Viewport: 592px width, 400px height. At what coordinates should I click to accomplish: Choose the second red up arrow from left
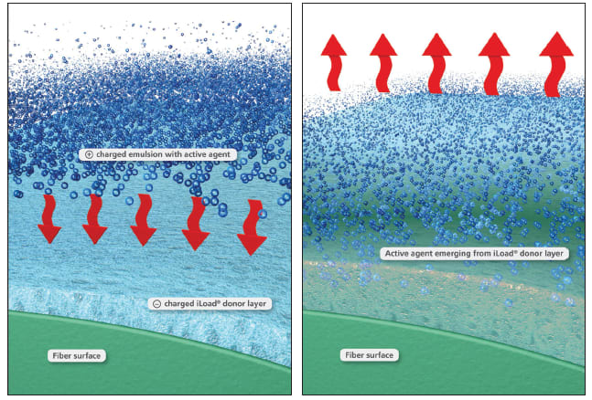click(x=384, y=61)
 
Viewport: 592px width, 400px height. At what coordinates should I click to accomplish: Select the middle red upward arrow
click(x=436, y=61)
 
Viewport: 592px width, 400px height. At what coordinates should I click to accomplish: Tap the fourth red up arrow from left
click(x=494, y=62)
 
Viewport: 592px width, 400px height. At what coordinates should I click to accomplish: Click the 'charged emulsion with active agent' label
click(x=157, y=154)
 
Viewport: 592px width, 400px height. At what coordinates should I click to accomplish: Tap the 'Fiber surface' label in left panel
click(x=78, y=354)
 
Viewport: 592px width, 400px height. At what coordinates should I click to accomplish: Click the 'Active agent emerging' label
click(x=473, y=253)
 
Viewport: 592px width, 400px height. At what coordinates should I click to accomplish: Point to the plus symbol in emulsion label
click(x=88, y=154)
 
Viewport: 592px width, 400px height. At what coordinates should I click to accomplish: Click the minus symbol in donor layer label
click(x=156, y=302)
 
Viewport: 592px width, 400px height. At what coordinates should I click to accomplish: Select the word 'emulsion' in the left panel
click(x=141, y=154)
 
